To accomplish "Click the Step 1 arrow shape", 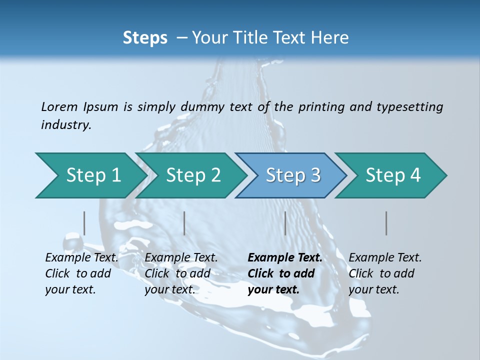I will [x=90, y=175].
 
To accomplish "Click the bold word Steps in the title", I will [x=145, y=38].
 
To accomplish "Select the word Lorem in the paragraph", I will [x=59, y=106].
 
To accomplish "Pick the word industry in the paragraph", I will [x=66, y=125].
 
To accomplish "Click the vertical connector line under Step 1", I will [x=84, y=223].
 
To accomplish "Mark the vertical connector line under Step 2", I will [x=184, y=223].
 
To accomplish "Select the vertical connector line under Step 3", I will [x=285, y=223].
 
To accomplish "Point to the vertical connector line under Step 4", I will [x=386, y=223].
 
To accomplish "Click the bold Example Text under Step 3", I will [x=285, y=258].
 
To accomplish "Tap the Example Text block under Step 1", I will [x=81, y=273].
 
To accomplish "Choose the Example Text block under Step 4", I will [x=385, y=273].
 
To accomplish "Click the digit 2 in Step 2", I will [x=214, y=175].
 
